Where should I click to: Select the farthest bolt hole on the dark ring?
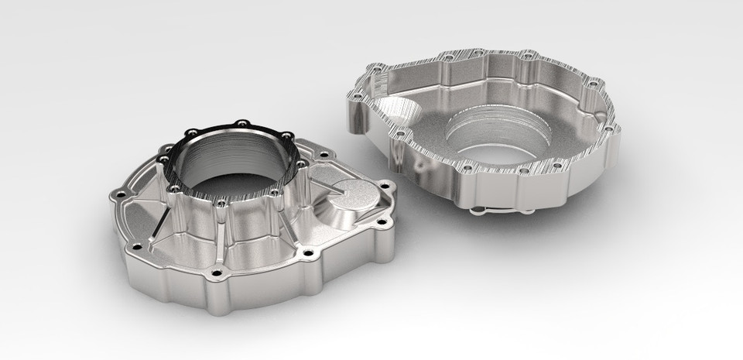pos(241,122)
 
